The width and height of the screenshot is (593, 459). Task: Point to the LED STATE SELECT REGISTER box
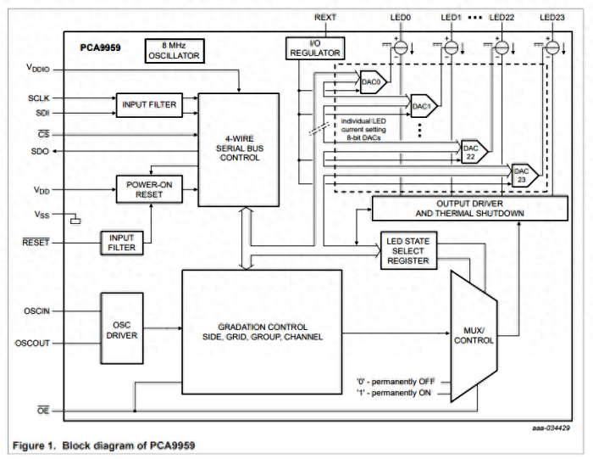(x=408, y=250)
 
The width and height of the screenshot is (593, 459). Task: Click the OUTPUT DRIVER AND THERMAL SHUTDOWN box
(x=470, y=207)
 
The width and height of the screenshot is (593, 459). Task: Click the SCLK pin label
(x=40, y=98)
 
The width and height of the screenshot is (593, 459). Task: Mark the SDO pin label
(x=40, y=151)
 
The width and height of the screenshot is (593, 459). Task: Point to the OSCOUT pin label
(x=34, y=343)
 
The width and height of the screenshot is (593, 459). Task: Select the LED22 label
(x=502, y=16)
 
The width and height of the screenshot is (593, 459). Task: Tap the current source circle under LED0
(x=401, y=48)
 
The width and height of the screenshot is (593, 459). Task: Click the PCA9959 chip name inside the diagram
(x=100, y=48)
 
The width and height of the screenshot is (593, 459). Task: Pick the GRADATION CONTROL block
(x=262, y=332)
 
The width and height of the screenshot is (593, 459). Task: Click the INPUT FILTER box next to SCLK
(x=149, y=104)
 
